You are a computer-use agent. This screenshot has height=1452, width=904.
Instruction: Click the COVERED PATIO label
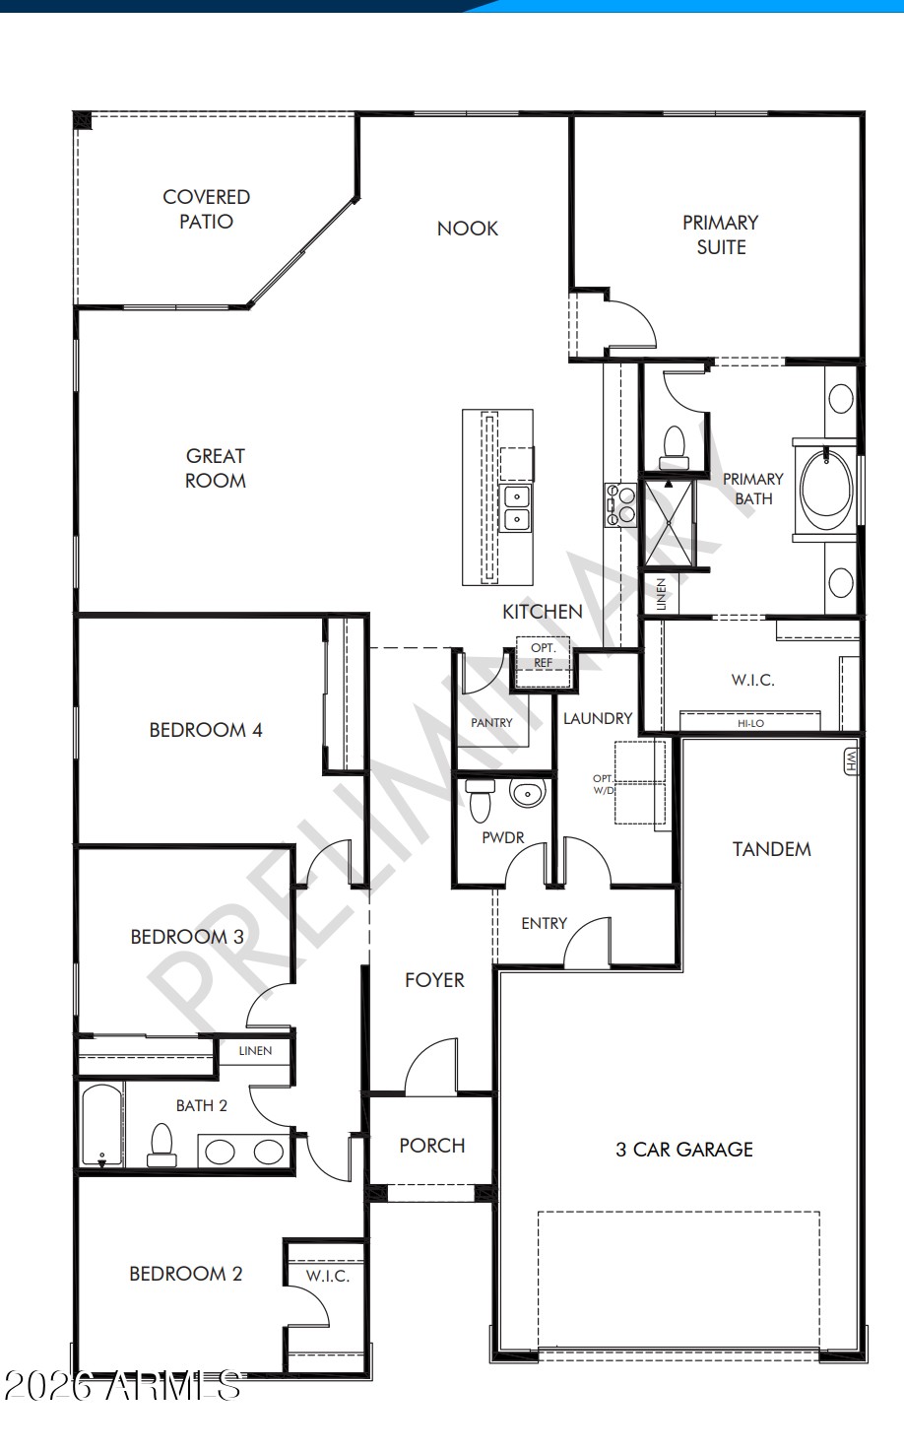point(206,209)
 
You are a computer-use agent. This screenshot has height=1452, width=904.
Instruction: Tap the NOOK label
point(467,229)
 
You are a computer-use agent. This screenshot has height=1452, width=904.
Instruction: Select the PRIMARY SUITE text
point(721,234)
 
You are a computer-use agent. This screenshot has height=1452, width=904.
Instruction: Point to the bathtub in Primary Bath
point(826,482)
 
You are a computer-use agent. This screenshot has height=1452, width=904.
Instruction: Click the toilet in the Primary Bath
point(674,447)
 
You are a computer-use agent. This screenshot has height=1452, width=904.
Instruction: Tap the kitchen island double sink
point(516,507)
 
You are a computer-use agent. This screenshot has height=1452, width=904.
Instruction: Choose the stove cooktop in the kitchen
point(620,504)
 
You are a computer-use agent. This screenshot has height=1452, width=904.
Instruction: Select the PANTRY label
point(491,723)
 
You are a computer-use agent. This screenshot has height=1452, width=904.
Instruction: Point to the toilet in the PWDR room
point(481,800)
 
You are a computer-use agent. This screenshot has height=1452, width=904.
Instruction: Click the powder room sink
point(527,793)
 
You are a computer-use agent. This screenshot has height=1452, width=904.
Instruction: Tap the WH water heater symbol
point(851,761)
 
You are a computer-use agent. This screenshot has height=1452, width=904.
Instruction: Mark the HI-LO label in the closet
point(750,723)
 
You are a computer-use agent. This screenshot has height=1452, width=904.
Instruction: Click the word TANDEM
point(771,849)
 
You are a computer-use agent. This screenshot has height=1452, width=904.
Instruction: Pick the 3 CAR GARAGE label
point(683,1150)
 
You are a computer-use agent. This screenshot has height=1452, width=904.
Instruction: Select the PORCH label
point(431,1146)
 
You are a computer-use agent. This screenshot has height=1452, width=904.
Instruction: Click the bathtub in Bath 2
point(102,1125)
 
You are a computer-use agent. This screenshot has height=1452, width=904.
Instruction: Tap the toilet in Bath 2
point(161,1144)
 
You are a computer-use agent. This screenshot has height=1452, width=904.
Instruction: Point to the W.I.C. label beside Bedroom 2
point(327,1276)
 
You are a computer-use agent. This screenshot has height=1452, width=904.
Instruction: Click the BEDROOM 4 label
point(206,730)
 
